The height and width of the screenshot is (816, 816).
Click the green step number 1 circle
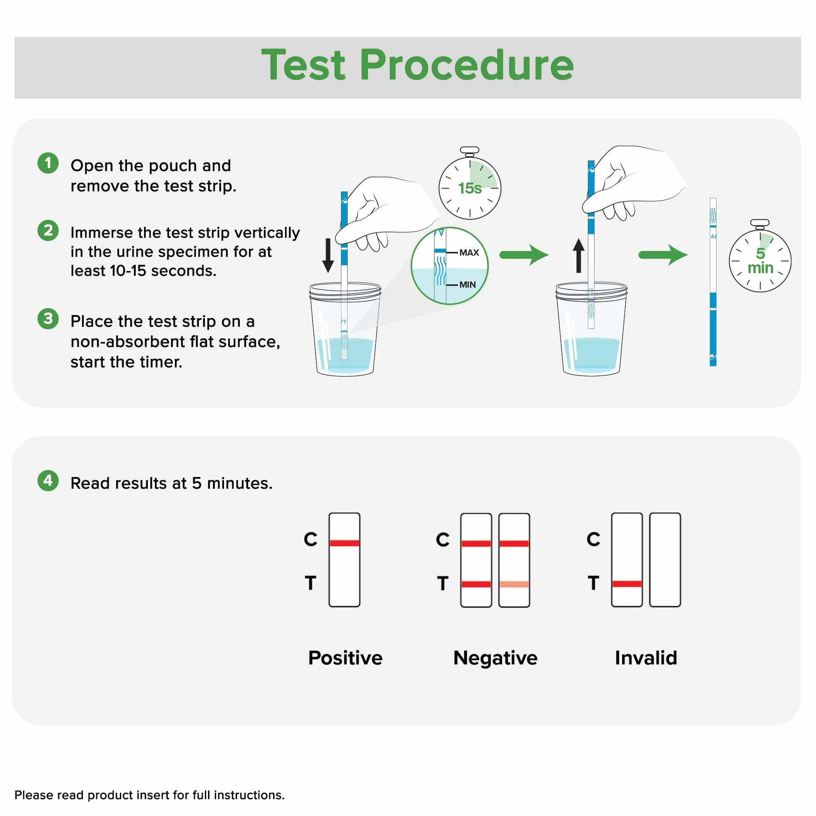(x=48, y=163)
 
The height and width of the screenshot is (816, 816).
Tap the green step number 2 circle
(x=48, y=231)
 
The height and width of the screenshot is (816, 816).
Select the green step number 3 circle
(x=48, y=318)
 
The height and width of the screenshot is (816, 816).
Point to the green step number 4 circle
(x=48, y=480)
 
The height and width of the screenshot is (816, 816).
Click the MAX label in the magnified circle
(x=469, y=253)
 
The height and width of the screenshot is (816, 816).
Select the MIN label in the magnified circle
(x=468, y=285)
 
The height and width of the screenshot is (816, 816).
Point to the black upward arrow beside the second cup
(x=579, y=256)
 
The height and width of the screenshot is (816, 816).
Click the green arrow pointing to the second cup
(x=524, y=255)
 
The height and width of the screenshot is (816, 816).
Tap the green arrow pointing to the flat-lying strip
(x=663, y=255)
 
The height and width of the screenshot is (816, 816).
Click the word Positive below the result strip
(x=345, y=658)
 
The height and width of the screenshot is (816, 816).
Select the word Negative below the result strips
(x=495, y=658)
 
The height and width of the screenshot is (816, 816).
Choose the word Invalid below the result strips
(x=646, y=658)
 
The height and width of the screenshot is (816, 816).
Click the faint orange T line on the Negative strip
(x=514, y=584)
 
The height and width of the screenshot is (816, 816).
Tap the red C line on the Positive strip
(x=345, y=543)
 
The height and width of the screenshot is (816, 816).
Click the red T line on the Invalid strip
(x=627, y=584)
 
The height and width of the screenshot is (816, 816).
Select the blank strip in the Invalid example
(x=665, y=560)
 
